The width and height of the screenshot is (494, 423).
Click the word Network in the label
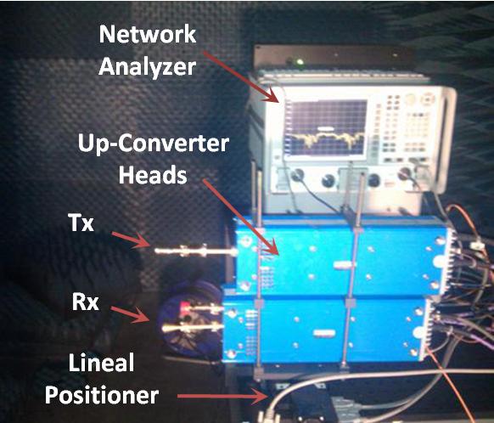coord(148,34)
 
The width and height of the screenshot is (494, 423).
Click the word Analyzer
coord(148,67)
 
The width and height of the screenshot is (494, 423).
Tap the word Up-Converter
coord(153,144)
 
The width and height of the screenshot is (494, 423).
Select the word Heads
coord(153,174)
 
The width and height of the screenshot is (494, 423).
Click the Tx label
coord(81,223)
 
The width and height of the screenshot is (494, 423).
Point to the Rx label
coord(85,302)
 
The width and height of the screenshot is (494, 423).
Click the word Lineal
coord(102,363)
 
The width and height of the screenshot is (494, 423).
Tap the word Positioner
coord(102,395)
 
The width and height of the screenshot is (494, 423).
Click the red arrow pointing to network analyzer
coord(241,77)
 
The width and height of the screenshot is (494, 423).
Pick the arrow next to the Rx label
coord(130,314)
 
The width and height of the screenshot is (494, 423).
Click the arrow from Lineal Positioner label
coord(222,396)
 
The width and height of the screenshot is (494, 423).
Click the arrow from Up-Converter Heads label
coord(241,217)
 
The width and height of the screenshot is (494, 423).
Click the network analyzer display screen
coord(327,127)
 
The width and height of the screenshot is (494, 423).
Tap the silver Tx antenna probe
coord(196,251)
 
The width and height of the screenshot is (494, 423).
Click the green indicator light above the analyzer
coord(300,62)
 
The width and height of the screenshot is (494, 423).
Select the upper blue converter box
coord(343,257)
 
